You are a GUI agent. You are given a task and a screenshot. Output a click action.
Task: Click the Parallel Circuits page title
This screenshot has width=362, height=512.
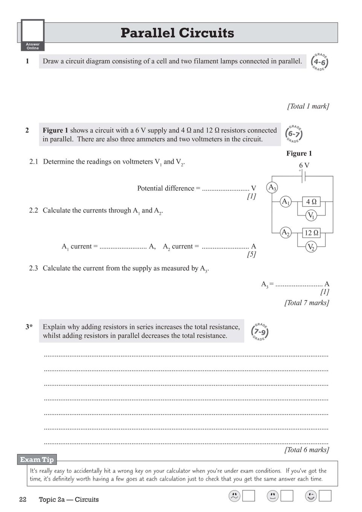pyautogui.click(x=177, y=33)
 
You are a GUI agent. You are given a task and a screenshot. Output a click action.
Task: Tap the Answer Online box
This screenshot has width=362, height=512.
pyautogui.click(x=33, y=35)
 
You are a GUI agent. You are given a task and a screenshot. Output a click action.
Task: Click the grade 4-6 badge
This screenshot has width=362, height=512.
pyautogui.click(x=319, y=62)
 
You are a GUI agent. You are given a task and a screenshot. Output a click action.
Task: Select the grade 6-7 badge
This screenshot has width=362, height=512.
pyautogui.click(x=294, y=134)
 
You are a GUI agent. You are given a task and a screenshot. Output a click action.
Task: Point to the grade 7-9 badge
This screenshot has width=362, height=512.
pyautogui.click(x=260, y=332)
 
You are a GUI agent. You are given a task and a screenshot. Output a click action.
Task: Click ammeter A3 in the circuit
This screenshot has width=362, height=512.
pyautogui.click(x=272, y=187)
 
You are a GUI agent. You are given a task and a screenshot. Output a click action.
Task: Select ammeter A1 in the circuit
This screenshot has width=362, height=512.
pyautogui.click(x=286, y=201)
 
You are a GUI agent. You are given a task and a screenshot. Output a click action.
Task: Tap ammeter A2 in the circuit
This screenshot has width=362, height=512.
pyautogui.click(x=286, y=232)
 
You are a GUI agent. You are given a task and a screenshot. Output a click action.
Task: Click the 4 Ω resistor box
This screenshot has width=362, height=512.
pyautogui.click(x=311, y=201)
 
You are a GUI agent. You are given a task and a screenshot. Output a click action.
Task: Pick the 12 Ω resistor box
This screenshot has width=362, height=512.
pyautogui.click(x=311, y=233)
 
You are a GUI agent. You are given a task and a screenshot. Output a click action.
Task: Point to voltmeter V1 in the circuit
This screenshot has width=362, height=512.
pyautogui.click(x=311, y=215)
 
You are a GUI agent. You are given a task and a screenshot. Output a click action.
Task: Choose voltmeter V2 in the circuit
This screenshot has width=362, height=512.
pyautogui.click(x=311, y=247)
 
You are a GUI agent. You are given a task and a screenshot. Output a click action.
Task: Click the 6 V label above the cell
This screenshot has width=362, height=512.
pyautogui.click(x=304, y=165)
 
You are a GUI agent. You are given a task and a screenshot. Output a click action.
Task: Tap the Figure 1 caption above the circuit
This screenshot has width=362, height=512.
pyautogui.click(x=299, y=153)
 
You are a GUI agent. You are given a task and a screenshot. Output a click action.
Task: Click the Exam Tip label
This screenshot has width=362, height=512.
pyautogui.click(x=37, y=459)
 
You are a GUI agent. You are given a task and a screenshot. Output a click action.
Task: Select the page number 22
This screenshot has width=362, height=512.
pyautogui.click(x=23, y=500)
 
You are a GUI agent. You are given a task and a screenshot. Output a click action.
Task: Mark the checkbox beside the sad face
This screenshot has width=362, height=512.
pyautogui.click(x=249, y=496)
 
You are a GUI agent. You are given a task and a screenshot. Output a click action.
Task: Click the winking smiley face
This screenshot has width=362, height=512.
pyautogui.click(x=311, y=496)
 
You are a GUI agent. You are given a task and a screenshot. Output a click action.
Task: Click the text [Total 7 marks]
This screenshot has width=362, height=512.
pyautogui.click(x=307, y=303)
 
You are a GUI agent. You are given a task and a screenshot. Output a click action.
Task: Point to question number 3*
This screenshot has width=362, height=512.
pyautogui.click(x=29, y=327)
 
